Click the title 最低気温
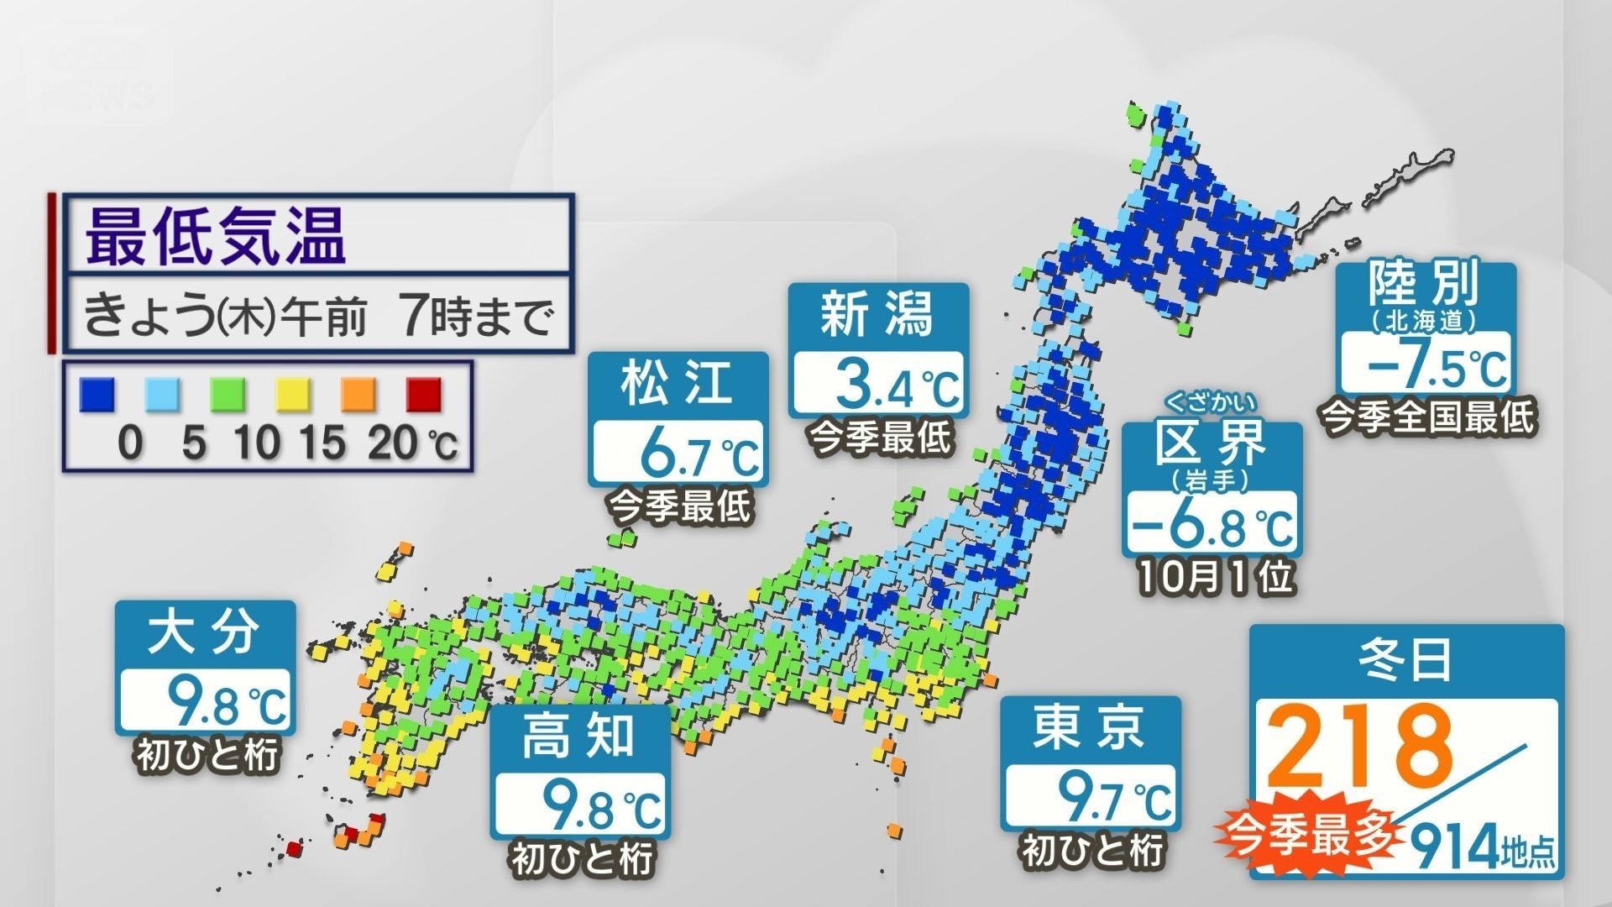[216, 238]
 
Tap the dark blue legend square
[97, 395]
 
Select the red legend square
[424, 395]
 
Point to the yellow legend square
[293, 395]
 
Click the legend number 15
[322, 441]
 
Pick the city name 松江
[678, 383]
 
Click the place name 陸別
[1424, 286]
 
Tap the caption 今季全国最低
[1428, 417]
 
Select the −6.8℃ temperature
[1212, 526]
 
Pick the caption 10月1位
[1215, 577]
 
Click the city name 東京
[1090, 727]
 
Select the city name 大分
[203, 632]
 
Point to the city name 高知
[579, 737]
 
